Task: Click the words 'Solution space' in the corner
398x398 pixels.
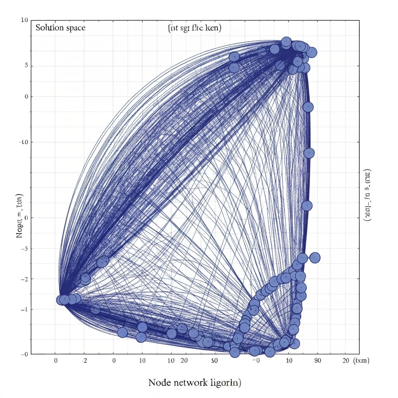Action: [60, 28]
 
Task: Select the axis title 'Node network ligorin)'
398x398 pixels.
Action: [195, 382]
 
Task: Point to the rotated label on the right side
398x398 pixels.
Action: [367, 196]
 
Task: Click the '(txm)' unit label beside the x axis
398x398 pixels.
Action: [362, 361]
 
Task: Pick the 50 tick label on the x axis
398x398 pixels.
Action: [214, 361]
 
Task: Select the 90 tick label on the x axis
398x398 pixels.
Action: [318, 361]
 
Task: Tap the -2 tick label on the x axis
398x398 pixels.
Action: [84, 361]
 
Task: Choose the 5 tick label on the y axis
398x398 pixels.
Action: [26, 66]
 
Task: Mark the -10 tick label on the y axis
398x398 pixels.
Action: [24, 142]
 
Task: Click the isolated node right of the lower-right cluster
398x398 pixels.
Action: [315, 257]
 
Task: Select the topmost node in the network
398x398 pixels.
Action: [286, 42]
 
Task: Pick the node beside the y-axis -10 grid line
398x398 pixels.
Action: [309, 153]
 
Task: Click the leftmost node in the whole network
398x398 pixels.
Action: [61, 300]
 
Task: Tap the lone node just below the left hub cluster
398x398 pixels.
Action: [95, 309]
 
